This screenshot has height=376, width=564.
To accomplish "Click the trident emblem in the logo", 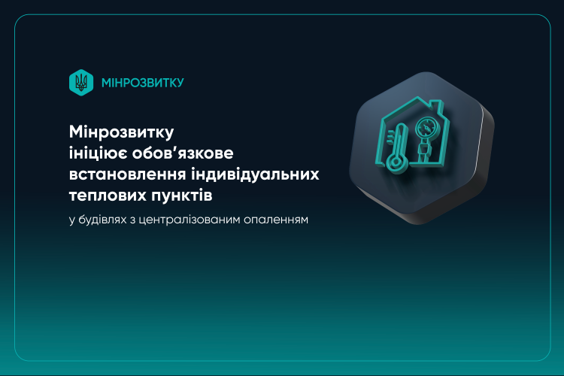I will pyautogui.click(x=81, y=82).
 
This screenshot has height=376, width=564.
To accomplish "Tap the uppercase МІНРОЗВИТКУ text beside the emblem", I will pyautogui.click(x=142, y=82).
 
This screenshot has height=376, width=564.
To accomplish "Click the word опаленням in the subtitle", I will pyautogui.click(x=277, y=221).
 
